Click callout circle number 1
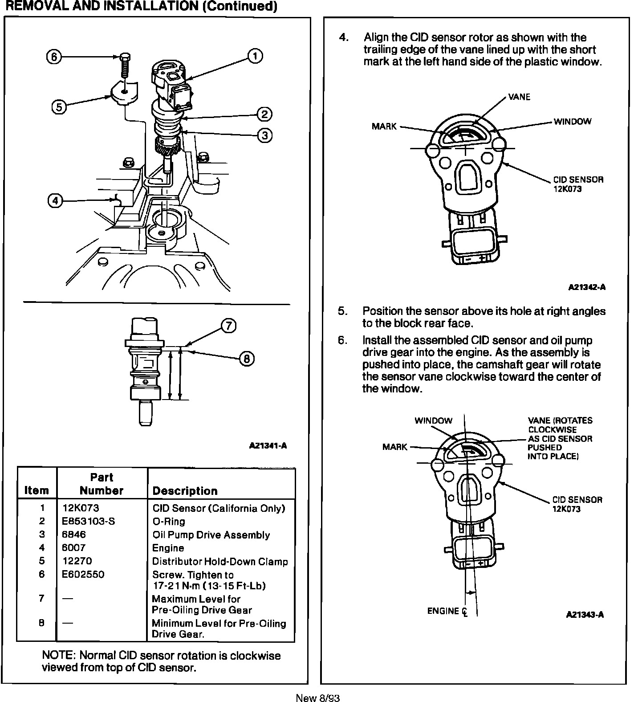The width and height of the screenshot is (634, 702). point(255,56)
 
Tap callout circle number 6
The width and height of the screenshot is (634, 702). point(53,57)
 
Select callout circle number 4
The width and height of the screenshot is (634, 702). point(55,201)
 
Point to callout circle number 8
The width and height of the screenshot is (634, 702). point(247,359)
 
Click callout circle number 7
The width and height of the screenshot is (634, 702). point(228,326)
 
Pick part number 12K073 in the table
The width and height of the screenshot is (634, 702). point(81,508)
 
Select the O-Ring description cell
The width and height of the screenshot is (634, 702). point(169,521)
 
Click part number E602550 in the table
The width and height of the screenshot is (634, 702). point(83,574)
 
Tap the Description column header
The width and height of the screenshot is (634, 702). point(185,491)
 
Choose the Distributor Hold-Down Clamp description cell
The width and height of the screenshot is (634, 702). point(220,561)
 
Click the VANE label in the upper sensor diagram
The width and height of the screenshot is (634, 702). point(519,97)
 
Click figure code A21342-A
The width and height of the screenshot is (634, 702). point(587,287)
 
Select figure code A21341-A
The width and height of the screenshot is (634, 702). point(268,445)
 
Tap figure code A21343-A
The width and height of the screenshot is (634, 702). point(585,615)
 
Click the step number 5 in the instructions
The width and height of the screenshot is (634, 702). point(342,311)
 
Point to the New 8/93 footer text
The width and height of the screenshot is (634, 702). point(317,698)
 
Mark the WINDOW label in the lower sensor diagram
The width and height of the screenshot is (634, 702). point(433,420)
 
